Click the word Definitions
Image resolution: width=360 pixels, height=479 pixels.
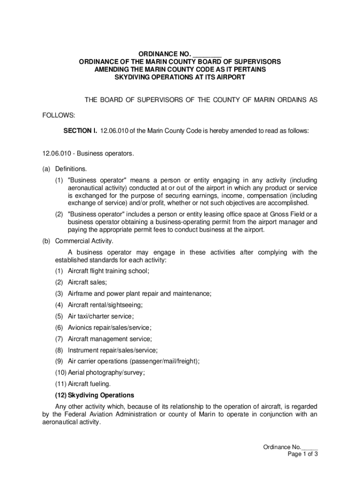[x=71, y=168]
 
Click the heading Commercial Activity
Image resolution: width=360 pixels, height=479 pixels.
[x=84, y=241]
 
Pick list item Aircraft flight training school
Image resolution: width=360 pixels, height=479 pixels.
[x=108, y=271]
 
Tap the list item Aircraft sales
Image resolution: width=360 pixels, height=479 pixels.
[x=87, y=282]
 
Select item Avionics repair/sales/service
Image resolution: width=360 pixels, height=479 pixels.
[x=110, y=327]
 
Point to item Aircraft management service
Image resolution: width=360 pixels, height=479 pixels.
[x=110, y=339]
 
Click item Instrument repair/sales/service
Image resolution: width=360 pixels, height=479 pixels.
[x=113, y=350]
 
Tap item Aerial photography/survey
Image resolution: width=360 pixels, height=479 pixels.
[x=106, y=372]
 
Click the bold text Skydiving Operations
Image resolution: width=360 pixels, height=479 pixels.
[x=101, y=395]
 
